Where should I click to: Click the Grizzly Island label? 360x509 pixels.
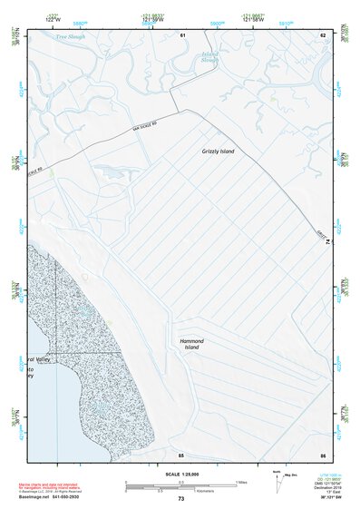[x=218, y=152]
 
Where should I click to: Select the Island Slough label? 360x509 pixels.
[x=210, y=58]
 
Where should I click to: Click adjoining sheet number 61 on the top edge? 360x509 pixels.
[x=182, y=34]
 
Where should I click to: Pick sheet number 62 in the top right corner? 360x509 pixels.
[x=322, y=34]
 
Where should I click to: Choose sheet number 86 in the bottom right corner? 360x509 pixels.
[x=322, y=454]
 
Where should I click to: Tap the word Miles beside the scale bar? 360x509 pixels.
[x=242, y=482]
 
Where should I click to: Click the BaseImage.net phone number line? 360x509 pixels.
[x=50, y=499]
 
